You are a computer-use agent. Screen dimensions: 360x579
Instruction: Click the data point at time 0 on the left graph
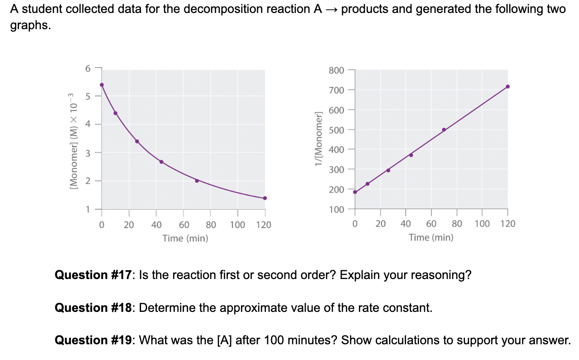pyautogui.click(x=102, y=85)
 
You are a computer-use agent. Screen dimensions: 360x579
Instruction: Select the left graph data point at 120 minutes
pyautogui.click(x=265, y=198)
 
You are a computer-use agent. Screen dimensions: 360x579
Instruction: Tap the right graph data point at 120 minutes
pyautogui.click(x=507, y=87)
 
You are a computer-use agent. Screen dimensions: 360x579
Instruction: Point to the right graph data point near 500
pyautogui.click(x=444, y=130)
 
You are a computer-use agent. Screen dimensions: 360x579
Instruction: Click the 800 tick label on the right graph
pyautogui.click(x=336, y=70)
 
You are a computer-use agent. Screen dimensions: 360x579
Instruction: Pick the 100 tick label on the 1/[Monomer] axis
pyautogui.click(x=336, y=210)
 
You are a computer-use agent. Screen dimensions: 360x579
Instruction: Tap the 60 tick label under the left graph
pyautogui.click(x=183, y=225)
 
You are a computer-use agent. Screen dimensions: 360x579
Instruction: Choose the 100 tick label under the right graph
pyautogui.click(x=482, y=224)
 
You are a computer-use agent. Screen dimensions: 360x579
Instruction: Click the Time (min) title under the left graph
pyautogui.click(x=185, y=238)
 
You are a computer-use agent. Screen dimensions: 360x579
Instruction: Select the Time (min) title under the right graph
pyautogui.click(x=431, y=237)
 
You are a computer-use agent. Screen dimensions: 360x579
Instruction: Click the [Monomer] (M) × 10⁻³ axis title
pyautogui.click(x=72, y=139)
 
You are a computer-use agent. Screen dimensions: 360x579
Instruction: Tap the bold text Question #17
pyautogui.click(x=94, y=275)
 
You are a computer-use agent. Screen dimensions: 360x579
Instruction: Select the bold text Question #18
pyautogui.click(x=94, y=308)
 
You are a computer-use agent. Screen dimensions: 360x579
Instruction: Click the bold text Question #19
pyautogui.click(x=94, y=341)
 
